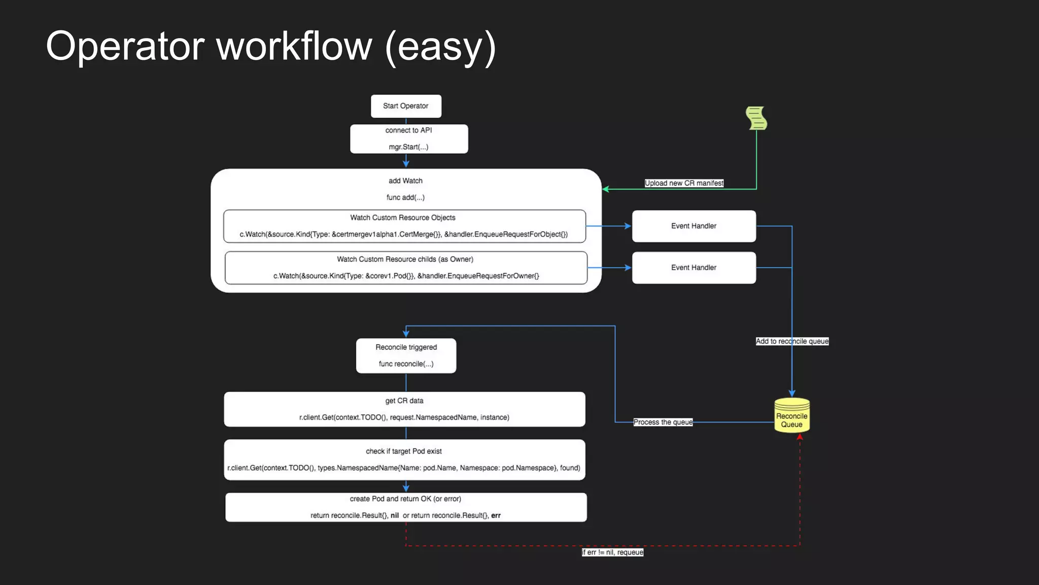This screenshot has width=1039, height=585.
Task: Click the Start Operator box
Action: coord(406,106)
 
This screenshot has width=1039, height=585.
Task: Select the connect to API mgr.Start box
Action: coord(409,139)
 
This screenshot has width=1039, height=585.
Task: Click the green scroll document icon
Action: coord(756,118)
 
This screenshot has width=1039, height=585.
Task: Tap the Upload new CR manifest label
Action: coord(684,183)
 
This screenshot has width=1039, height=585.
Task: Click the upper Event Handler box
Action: coord(694,226)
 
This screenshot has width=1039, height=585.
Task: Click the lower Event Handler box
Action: coord(694,268)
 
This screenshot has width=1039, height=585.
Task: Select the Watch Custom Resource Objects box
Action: coord(404,226)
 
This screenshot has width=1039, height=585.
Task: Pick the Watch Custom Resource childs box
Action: coord(406,268)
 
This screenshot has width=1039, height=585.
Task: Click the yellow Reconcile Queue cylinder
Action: coord(791,416)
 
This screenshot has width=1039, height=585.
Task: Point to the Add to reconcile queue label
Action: coord(792,341)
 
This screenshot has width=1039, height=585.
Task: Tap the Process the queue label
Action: coord(663,422)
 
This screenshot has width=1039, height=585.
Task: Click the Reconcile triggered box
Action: coord(406,355)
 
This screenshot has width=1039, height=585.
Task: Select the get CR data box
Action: coord(404,409)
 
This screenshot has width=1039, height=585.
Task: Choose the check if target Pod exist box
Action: coord(404,460)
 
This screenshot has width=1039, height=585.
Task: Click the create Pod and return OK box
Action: coord(406,507)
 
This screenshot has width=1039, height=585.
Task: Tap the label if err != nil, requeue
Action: coord(612,552)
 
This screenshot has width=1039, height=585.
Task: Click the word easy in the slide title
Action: coord(440,47)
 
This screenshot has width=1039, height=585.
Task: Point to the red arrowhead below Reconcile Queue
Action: coord(800,437)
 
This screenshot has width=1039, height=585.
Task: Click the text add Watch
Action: coord(405,181)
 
